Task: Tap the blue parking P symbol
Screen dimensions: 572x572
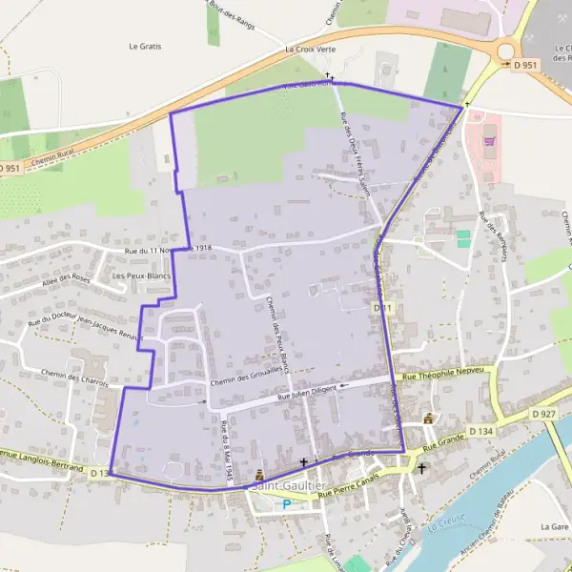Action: [285, 503]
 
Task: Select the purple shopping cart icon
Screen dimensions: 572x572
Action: [490, 141]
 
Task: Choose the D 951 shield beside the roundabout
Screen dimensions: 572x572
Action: [525, 65]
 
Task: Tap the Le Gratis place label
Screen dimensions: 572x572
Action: [146, 46]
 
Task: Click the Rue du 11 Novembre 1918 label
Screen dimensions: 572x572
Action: [168, 250]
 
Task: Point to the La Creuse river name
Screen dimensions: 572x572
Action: [447, 520]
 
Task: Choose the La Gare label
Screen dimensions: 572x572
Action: [553, 526]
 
